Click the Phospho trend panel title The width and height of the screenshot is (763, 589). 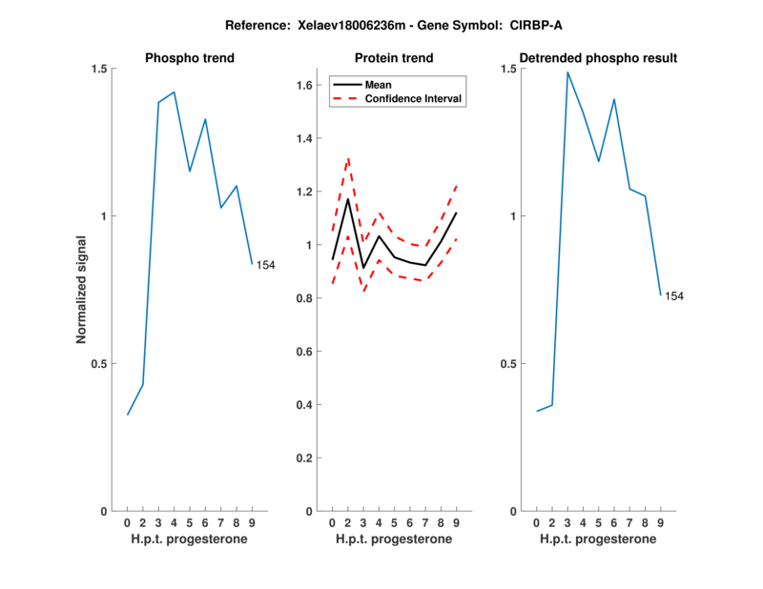(x=190, y=58)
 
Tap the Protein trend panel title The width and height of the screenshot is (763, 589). (x=394, y=58)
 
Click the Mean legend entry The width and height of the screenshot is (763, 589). (x=379, y=84)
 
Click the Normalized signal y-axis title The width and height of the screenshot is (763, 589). (x=82, y=290)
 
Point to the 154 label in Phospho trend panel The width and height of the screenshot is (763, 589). (x=265, y=265)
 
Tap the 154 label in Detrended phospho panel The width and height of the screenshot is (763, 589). (x=674, y=296)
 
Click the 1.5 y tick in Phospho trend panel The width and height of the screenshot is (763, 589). (x=99, y=69)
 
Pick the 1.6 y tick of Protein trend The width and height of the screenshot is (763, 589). (x=306, y=86)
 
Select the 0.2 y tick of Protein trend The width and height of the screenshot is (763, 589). (x=306, y=458)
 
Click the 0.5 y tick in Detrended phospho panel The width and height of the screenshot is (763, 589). (x=508, y=364)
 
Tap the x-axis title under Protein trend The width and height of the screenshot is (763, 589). (x=394, y=539)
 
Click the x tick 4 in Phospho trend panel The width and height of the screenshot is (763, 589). (x=174, y=523)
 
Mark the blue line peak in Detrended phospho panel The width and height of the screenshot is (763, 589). (x=567, y=72)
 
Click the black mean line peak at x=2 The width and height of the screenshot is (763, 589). (x=348, y=198)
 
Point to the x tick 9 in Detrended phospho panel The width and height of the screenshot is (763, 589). (x=660, y=523)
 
